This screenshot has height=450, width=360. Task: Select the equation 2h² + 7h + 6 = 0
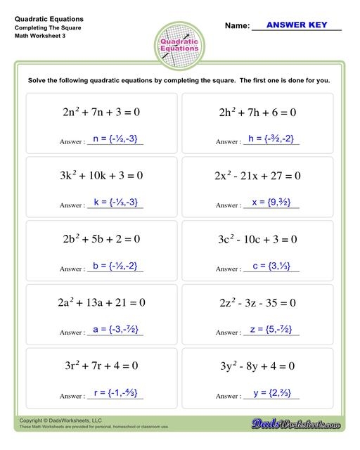(257, 112)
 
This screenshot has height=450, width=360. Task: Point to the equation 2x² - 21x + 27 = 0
(257, 175)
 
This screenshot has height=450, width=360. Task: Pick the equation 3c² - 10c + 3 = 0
(257, 239)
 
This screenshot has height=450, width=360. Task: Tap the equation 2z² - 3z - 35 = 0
(257, 303)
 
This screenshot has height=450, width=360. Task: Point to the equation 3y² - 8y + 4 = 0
(257, 366)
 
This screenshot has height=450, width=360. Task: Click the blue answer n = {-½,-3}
(115, 139)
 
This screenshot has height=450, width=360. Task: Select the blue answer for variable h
(271, 139)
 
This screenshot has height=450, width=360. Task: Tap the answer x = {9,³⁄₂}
(271, 202)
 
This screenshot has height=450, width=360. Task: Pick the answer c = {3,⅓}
(271, 266)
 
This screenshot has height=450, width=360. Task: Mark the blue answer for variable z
(271, 329)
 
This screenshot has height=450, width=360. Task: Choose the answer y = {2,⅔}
(271, 392)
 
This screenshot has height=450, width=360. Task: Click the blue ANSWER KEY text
(295, 25)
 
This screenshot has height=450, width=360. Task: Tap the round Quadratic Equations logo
(180, 46)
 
